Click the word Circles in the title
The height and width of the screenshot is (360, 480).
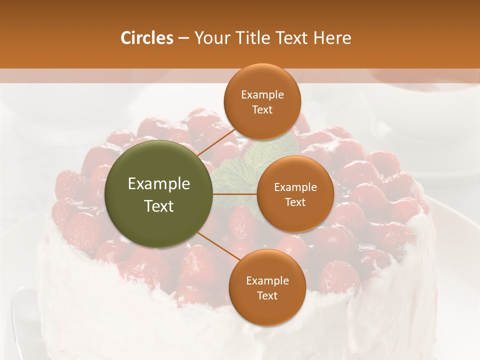[147, 38]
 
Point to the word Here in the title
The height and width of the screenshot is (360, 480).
[332, 38]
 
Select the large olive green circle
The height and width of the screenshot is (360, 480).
[159, 194]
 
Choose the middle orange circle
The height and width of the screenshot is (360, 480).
[295, 194]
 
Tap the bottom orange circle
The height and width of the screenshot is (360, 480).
[267, 287]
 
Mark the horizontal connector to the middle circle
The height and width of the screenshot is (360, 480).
[235, 194]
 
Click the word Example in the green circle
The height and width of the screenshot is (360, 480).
[159, 184]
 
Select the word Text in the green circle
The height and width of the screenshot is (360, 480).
[159, 206]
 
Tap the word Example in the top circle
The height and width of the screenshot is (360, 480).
[262, 95]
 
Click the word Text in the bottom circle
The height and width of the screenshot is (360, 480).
[267, 295]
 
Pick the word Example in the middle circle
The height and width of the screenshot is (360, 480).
[295, 187]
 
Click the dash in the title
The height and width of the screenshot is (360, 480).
[183, 38]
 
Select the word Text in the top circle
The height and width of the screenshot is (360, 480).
[262, 109]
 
